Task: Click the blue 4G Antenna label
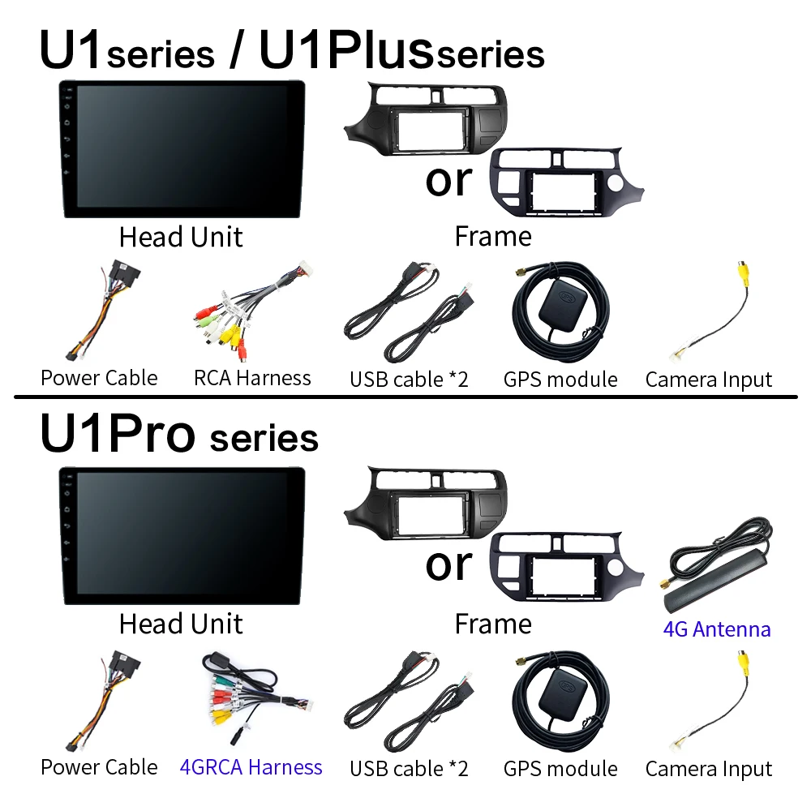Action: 717,629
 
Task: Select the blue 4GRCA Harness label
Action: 251,767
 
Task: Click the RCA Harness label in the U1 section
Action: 252,378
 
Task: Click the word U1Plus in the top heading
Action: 345,49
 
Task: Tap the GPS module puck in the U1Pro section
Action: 563,691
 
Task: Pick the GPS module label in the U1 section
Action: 560,380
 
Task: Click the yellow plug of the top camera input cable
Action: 744,272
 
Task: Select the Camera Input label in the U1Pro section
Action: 709,769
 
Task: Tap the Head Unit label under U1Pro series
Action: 181,624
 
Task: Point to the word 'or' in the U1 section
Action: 449,181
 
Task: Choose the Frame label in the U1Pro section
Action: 493,624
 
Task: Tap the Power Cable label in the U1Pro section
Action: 99,767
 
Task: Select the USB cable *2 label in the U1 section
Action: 409,380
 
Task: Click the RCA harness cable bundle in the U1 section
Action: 252,310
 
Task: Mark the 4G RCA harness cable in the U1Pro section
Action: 253,698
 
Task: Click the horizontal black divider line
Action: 405,397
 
